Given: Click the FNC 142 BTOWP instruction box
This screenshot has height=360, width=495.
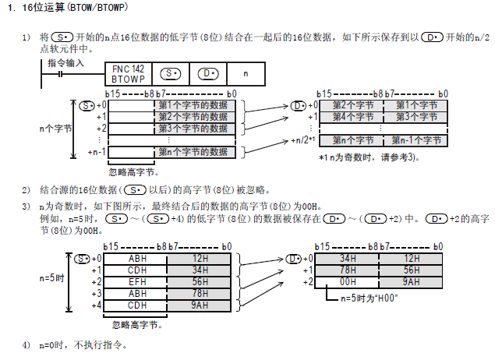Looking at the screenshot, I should pyautogui.click(x=128, y=74).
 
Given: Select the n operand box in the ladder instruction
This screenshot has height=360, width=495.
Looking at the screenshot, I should pyautogui.click(x=246, y=74).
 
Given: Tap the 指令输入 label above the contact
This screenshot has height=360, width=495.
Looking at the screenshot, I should pyautogui.click(x=65, y=62).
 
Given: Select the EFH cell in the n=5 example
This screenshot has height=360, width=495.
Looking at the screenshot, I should pyautogui.click(x=137, y=281).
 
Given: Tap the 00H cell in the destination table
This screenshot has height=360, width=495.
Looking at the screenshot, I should pyautogui.click(x=348, y=281).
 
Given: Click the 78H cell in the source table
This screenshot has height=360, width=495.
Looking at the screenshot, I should pyautogui.click(x=200, y=293).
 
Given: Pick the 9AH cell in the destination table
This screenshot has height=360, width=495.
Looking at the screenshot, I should pyautogui.click(x=412, y=281).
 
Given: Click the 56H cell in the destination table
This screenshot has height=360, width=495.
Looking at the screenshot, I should pyautogui.click(x=412, y=270).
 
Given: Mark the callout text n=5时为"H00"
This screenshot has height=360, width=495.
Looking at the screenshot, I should pyautogui.click(x=366, y=298).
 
